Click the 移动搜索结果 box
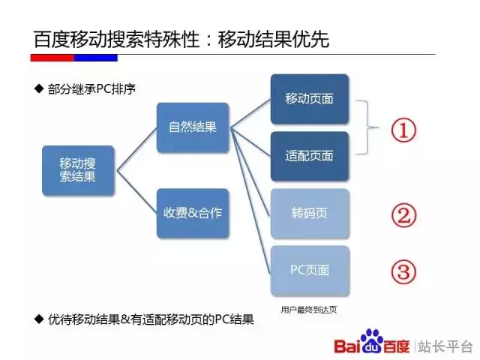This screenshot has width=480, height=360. click(78, 170)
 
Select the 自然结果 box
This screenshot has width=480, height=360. click(193, 127)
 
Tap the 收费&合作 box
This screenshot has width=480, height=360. click(193, 213)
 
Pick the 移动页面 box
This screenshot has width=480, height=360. click(310, 99)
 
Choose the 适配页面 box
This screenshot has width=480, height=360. click(310, 156)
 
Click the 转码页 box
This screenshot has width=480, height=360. click(310, 213)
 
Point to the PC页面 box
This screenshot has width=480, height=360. click(310, 271)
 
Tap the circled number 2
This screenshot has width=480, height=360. click(403, 215)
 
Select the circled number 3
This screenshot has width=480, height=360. click(403, 272)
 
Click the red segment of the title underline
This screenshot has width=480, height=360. click(52, 58)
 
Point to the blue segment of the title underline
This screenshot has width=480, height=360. click(96, 58)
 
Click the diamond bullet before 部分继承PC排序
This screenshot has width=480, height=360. click(39, 88)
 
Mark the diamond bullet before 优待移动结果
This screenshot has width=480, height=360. click(39, 319)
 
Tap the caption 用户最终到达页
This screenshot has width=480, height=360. click(309, 310)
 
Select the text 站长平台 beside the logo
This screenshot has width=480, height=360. click(445, 346)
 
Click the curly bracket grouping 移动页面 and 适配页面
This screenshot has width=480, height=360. click(367, 127)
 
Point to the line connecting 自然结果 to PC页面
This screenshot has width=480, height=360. click(250, 201)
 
